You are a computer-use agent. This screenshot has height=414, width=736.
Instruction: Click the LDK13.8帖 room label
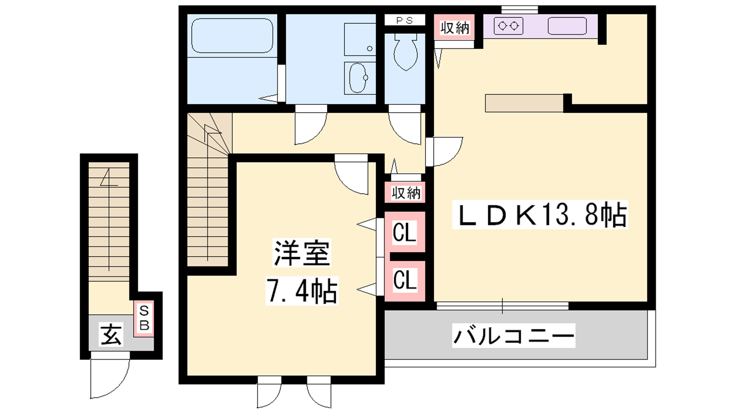point(540,214)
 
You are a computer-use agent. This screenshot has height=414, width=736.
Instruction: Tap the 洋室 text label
point(302,253)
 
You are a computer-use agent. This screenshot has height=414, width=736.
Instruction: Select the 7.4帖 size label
point(302,291)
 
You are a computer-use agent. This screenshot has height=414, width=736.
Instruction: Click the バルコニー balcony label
point(513,336)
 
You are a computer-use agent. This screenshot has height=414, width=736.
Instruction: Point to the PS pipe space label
point(404,20)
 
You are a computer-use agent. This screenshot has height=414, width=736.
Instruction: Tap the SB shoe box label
point(144,318)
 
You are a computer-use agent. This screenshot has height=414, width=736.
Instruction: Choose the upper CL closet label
point(404,232)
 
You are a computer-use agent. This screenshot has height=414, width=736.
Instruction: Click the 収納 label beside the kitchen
point(454,28)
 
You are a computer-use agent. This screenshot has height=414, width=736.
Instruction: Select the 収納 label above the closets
point(406,193)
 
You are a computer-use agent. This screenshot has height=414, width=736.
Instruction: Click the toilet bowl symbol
point(406,52)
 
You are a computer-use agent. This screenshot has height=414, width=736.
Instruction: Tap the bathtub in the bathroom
point(232,35)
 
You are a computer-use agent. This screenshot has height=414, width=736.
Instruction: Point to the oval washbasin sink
point(358,78)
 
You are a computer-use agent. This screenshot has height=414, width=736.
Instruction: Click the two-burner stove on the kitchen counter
point(508,26)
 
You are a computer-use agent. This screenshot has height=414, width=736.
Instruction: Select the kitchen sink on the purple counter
point(567,26)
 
